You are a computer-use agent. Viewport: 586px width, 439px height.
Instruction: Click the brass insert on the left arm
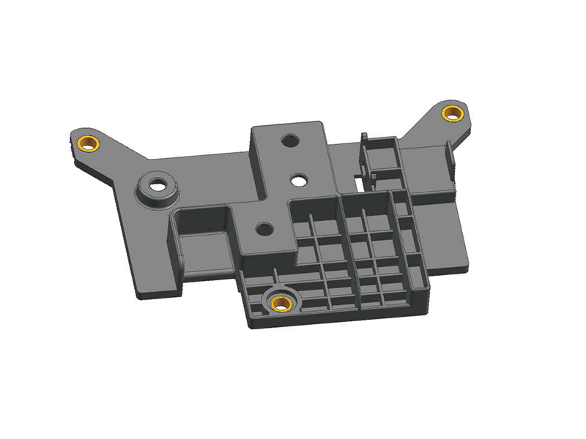[x=89, y=141]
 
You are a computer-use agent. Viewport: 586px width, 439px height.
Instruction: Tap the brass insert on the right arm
[x=452, y=113]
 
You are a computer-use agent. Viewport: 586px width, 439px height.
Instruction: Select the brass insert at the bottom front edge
[x=281, y=301]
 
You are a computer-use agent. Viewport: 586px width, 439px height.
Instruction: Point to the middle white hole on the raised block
[x=300, y=178]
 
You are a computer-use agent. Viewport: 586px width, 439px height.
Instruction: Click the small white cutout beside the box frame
[x=357, y=174]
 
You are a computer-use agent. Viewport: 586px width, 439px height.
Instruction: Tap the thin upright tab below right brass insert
[x=448, y=157]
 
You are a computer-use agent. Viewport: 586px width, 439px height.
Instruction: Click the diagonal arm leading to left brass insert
[x=117, y=157]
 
